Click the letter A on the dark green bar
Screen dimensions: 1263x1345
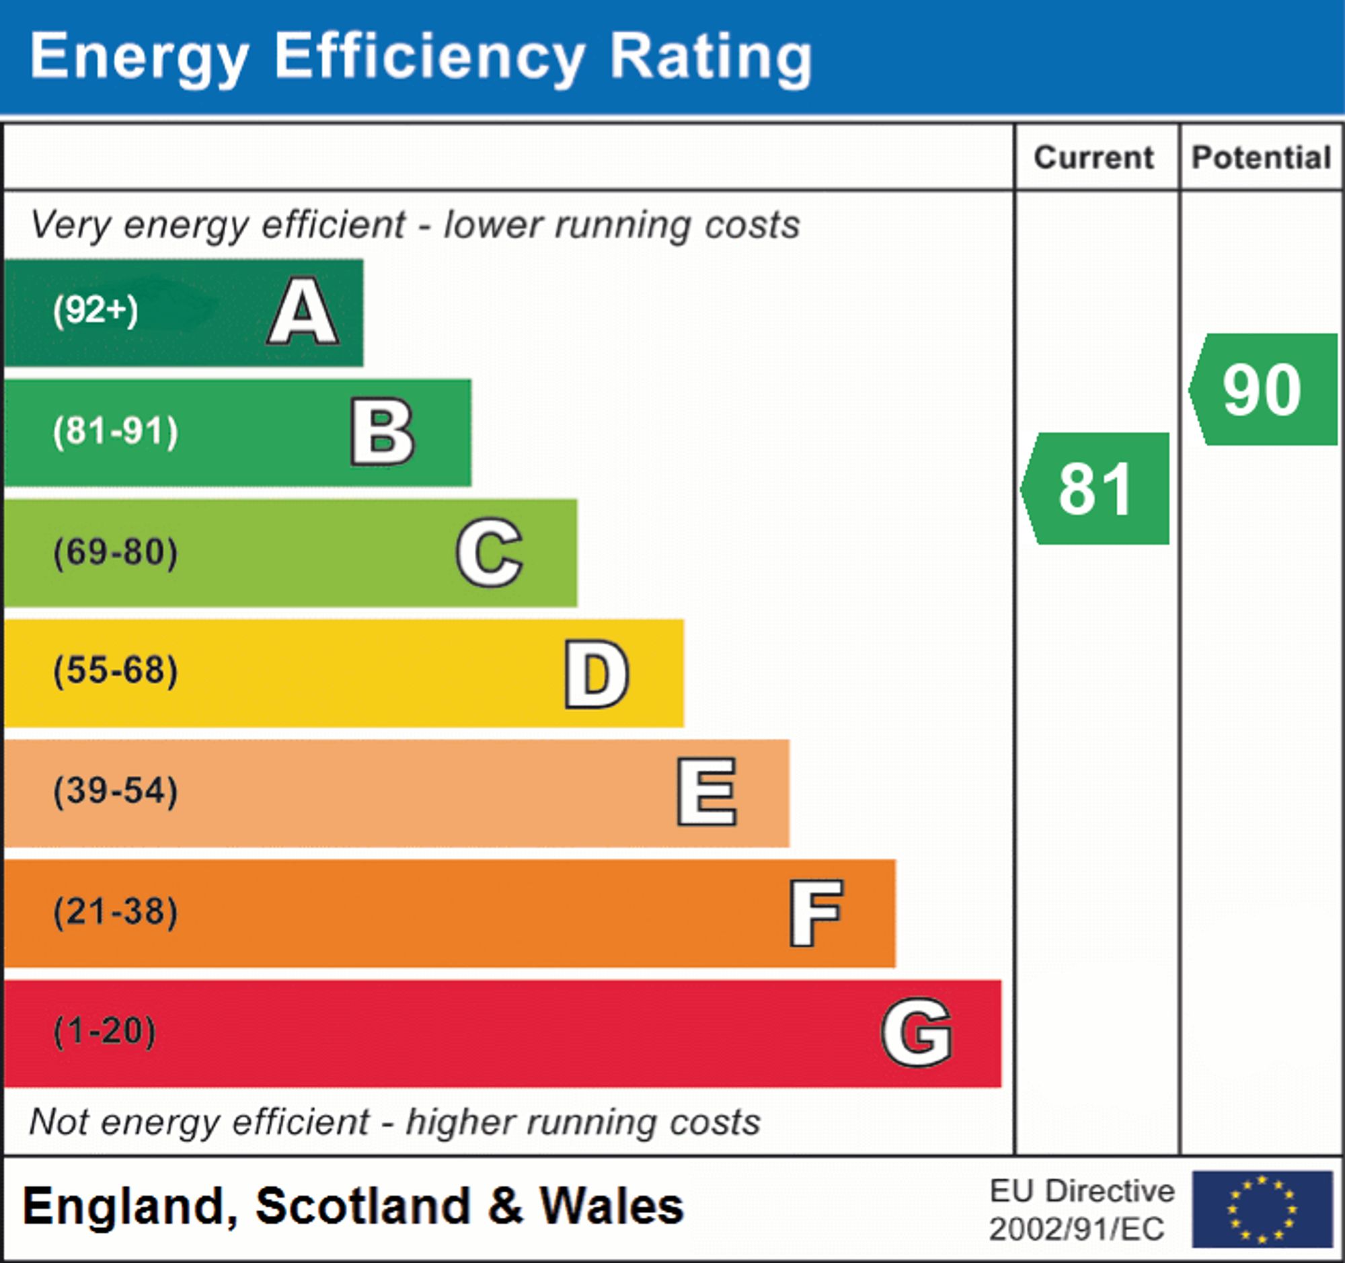303,312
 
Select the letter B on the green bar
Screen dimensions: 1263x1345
382,432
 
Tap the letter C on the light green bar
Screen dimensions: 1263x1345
489,553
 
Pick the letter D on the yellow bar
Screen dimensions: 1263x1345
597,674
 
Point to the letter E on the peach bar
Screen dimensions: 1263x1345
706,792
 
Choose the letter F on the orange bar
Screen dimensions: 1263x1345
816,913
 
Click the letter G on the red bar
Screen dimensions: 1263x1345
917,1032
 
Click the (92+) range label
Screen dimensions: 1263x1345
95,311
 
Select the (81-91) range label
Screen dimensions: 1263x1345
116,432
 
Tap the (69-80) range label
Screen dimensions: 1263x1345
116,552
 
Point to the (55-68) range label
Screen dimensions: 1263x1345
116,671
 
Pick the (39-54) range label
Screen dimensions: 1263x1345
116,791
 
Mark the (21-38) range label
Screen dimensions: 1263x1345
116,911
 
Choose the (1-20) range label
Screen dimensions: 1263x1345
105,1032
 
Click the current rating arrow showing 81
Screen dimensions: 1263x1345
1096,488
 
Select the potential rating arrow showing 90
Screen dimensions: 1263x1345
1263,389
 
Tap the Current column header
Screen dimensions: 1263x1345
1094,157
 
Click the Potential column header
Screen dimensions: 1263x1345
1261,157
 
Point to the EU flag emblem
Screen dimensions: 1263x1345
1262,1209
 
